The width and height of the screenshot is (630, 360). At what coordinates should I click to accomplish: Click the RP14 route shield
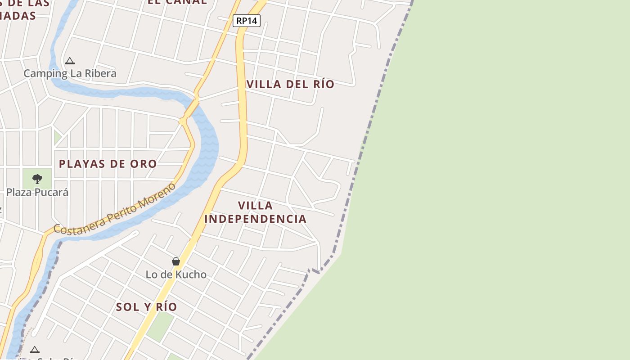(247, 21)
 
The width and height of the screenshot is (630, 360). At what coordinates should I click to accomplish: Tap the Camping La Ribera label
(70, 73)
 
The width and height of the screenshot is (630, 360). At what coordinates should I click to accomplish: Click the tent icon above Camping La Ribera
(69, 61)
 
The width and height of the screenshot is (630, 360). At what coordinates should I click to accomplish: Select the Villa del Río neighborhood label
(291, 84)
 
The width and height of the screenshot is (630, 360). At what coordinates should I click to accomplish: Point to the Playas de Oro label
(108, 164)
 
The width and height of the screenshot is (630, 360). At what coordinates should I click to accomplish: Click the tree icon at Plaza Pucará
(37, 179)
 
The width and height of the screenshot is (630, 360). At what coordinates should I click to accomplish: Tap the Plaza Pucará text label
(37, 192)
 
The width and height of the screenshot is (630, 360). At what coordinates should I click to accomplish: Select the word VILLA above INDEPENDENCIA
(255, 206)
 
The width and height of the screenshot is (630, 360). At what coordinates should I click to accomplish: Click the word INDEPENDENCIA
(255, 219)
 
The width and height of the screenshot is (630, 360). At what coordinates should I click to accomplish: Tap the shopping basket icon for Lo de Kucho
(176, 261)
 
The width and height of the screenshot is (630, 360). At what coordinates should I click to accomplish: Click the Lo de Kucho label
(176, 274)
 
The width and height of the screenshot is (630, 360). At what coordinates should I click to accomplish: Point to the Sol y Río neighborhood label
(146, 307)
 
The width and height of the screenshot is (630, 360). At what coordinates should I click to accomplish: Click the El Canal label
(177, 1)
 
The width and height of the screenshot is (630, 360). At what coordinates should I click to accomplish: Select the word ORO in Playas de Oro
(143, 164)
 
